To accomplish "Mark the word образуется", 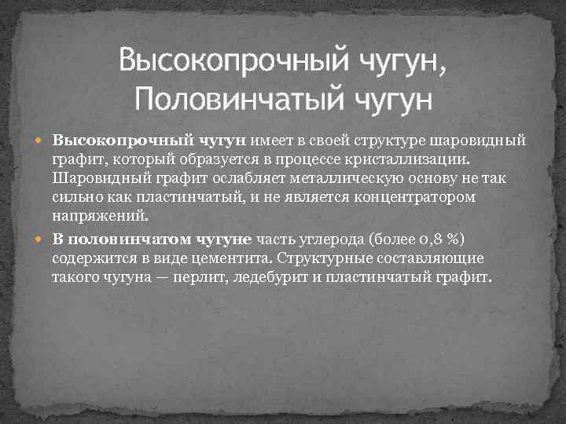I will [216, 160].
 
